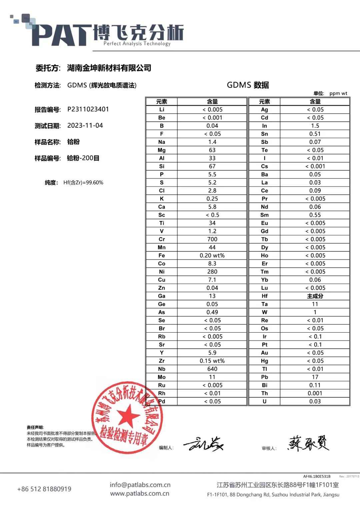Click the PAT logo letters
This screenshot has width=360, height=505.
[x=62, y=35]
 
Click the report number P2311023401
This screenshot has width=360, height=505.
[x=88, y=109]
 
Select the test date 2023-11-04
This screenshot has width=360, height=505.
[x=85, y=126]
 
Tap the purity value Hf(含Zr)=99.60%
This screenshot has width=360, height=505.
[x=83, y=183]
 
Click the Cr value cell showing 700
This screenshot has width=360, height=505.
[x=212, y=239]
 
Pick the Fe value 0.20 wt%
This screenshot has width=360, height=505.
[x=212, y=256]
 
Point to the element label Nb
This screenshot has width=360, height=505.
[x=162, y=369]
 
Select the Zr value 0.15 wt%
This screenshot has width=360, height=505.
[x=212, y=361]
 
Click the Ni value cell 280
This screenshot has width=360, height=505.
[x=212, y=272]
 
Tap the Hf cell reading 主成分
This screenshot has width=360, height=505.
[x=315, y=296]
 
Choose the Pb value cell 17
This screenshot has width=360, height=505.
[x=315, y=377]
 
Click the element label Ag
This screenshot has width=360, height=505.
[x=264, y=110]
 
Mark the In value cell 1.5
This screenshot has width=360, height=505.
[x=315, y=126]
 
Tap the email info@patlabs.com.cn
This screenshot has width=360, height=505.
[x=140, y=485]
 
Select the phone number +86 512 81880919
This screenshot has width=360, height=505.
[x=44, y=489]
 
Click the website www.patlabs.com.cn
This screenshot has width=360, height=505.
[x=140, y=493]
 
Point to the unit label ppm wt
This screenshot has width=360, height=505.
[x=338, y=93]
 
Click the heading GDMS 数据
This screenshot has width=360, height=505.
[x=248, y=85]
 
